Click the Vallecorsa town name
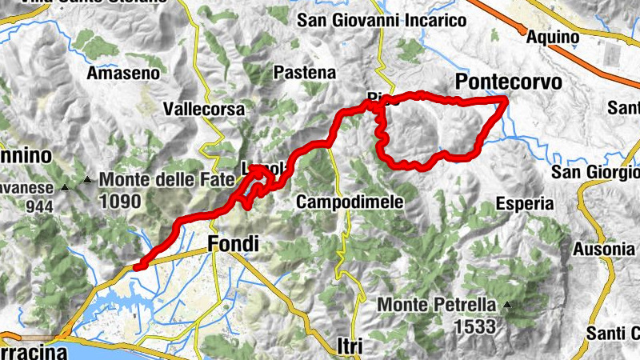[x=202, y=109]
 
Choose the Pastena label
[x=304, y=72]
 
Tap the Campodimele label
[x=349, y=202]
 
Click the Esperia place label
[x=524, y=203]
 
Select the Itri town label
[x=349, y=346]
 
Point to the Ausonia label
[x=604, y=249]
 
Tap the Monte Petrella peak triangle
[x=506, y=305]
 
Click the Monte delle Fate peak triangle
[x=86, y=179]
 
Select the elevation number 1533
[x=477, y=326]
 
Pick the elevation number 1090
[x=122, y=201]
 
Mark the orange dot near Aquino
[x=523, y=32]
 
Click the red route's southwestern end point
[x=136, y=267]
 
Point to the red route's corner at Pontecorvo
[x=505, y=99]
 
